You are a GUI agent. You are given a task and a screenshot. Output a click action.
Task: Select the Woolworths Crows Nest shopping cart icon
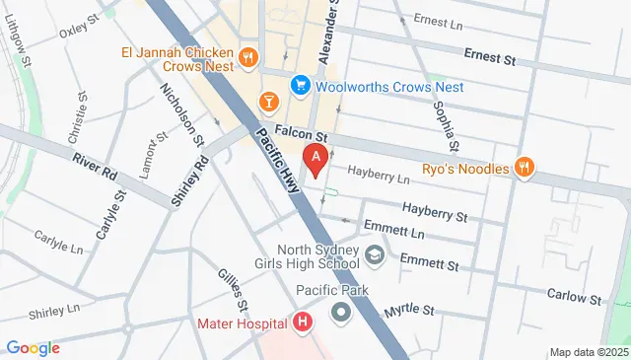(x=299, y=87)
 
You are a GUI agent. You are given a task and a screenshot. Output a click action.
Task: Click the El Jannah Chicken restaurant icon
(x=247, y=57)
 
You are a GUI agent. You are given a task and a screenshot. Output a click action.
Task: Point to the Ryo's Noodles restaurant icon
(x=526, y=169)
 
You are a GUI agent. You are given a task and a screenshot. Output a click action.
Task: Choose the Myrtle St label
(x=409, y=310)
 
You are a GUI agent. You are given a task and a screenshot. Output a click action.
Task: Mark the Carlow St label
(x=576, y=295)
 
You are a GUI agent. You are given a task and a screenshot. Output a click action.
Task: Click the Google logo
(x=33, y=347)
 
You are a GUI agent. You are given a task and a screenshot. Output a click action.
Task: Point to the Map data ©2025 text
(x=588, y=352)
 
